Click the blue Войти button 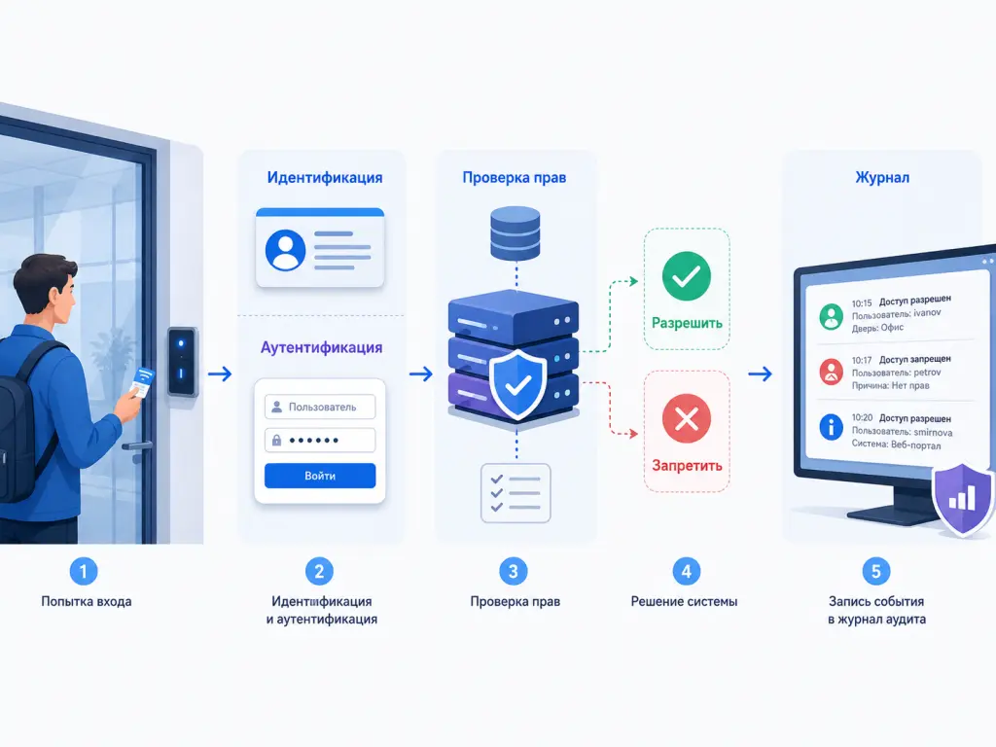(x=320, y=476)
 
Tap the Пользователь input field (x=320, y=408)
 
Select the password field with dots (x=320, y=441)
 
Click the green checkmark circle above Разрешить (x=686, y=276)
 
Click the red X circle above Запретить (x=686, y=418)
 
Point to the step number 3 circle (x=514, y=572)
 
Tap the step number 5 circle (x=876, y=572)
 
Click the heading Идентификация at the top (x=325, y=178)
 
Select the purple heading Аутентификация (x=321, y=347)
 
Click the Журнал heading (x=882, y=178)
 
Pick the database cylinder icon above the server (x=516, y=232)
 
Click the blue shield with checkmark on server (x=517, y=384)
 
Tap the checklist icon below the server (x=516, y=493)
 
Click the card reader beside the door (x=182, y=362)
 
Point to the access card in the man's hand (x=142, y=381)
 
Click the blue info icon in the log (x=831, y=427)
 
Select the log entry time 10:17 (x=862, y=360)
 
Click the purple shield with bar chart (x=963, y=499)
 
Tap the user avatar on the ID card (x=285, y=250)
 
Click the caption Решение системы (x=684, y=601)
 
